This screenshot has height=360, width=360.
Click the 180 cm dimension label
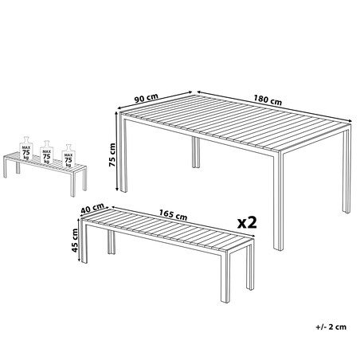(268, 100)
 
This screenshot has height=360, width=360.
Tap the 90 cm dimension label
(146, 98)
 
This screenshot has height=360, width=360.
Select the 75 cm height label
(112, 155)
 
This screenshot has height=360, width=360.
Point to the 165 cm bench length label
(173, 215)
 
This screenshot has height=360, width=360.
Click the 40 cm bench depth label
(92, 208)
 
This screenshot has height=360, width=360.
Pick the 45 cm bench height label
(75, 241)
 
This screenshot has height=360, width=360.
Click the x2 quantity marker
(247, 222)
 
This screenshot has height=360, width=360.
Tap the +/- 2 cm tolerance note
(331, 327)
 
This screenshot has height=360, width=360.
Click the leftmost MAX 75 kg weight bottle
(26, 148)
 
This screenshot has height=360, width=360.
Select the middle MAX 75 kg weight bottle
(46, 152)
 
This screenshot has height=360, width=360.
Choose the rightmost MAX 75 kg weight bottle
(68, 156)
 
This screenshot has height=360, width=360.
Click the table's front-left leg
(123, 155)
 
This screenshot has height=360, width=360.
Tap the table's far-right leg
(346, 170)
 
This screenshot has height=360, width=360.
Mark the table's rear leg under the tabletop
(196, 152)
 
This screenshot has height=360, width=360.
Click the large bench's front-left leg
(84, 242)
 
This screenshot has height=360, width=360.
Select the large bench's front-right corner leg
(225, 276)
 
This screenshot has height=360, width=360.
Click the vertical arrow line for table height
(116, 151)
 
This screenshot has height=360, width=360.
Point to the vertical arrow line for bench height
(79, 240)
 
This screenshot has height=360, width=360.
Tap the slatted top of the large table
(236, 123)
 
